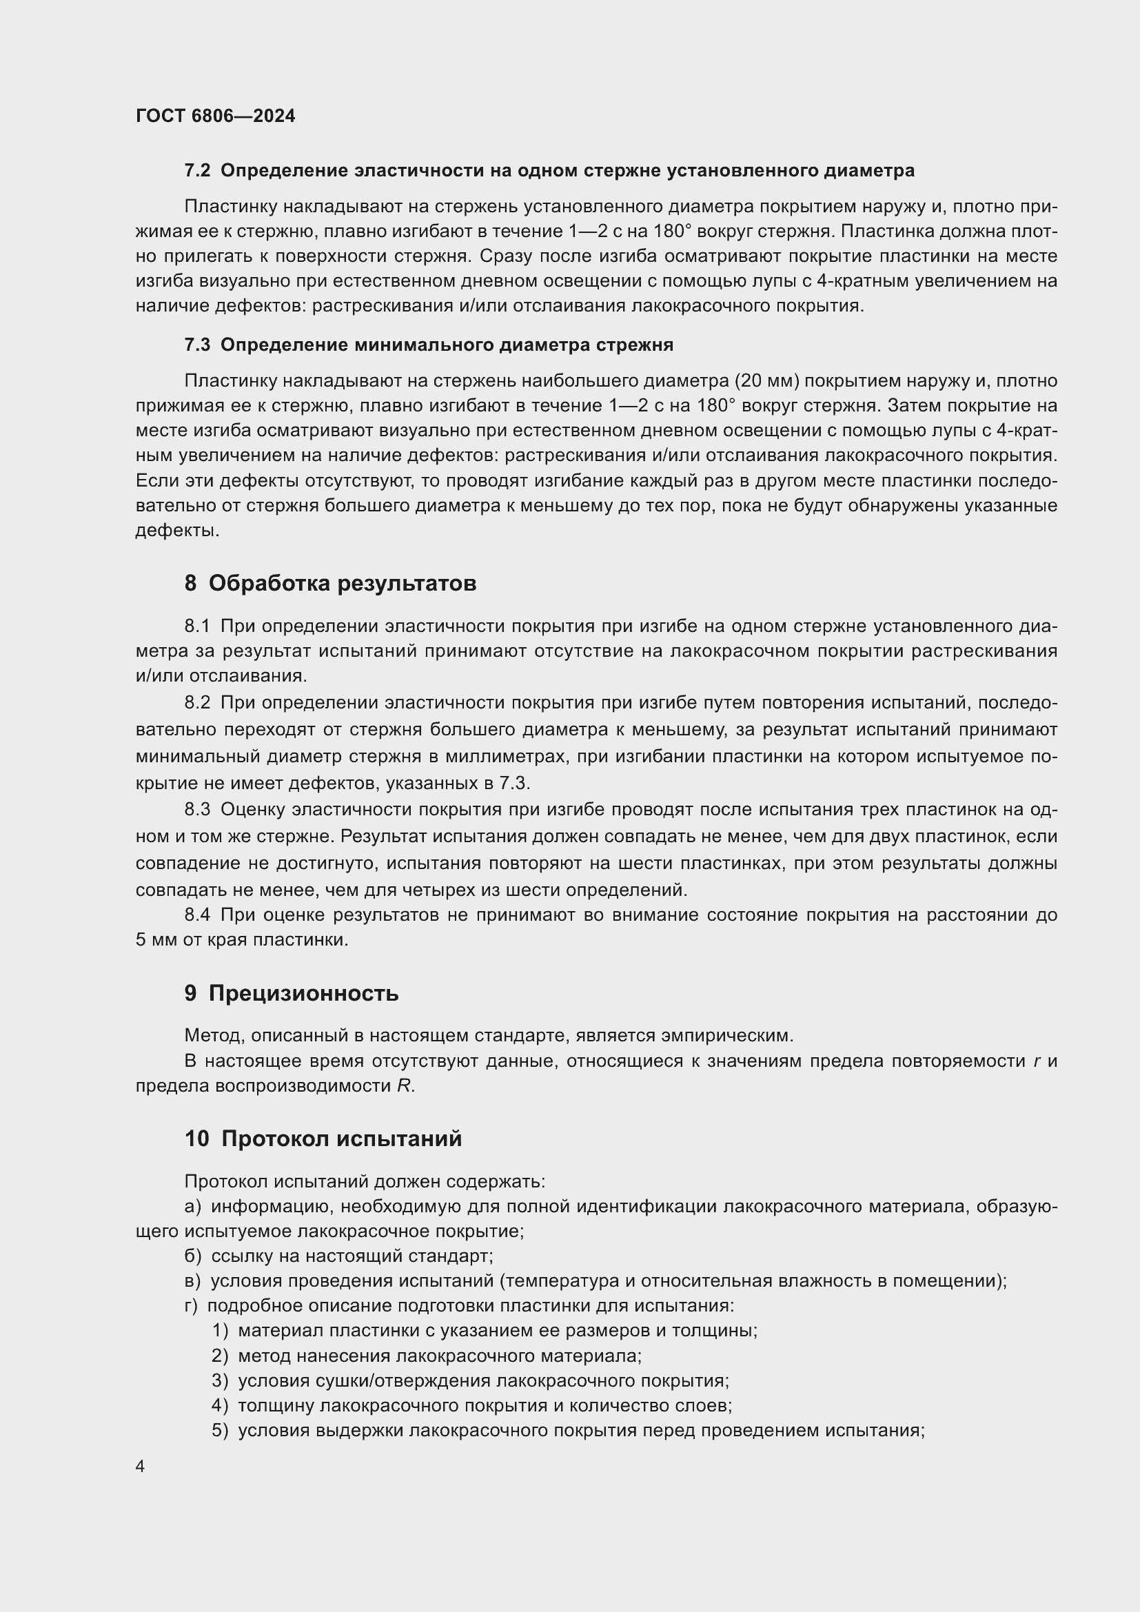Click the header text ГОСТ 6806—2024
pos(216,116)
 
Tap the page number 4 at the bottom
pos(141,1467)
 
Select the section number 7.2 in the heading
pos(197,171)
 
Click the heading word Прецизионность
pos(303,994)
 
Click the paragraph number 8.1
pos(197,626)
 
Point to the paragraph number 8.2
pos(197,704)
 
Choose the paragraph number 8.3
pos(197,810)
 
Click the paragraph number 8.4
pos(197,915)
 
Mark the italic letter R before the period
pos(403,1086)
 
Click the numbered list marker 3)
pos(221,1380)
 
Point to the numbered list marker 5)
pos(221,1430)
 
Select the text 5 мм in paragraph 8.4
pos(156,940)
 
